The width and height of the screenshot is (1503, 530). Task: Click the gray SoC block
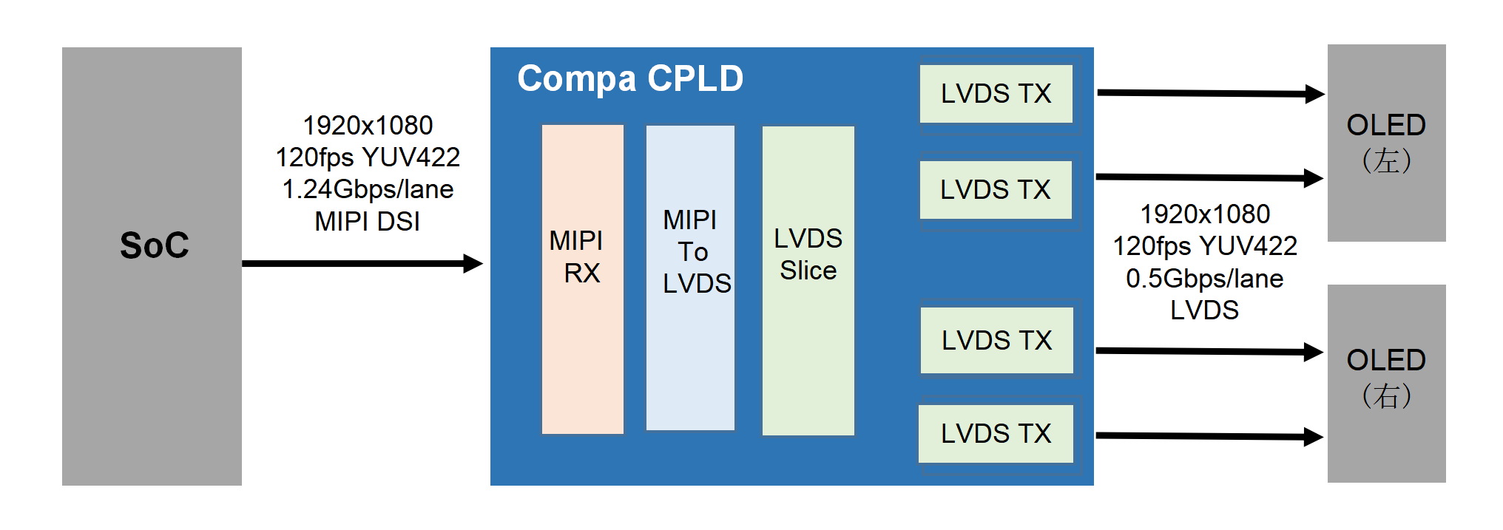click(x=152, y=266)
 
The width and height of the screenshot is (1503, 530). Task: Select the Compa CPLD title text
click(x=630, y=78)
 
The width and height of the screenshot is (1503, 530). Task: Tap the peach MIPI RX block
click(x=583, y=279)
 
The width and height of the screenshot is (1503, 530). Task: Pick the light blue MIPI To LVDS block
click(x=690, y=277)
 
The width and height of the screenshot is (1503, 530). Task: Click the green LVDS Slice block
click(x=808, y=281)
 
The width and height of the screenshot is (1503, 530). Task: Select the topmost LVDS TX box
click(x=996, y=94)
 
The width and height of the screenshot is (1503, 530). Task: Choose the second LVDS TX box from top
click(x=996, y=190)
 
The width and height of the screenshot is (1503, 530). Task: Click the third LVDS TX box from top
click(x=996, y=341)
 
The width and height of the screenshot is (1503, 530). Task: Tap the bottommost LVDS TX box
click(x=996, y=434)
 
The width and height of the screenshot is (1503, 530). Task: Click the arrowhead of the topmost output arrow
click(x=1314, y=94)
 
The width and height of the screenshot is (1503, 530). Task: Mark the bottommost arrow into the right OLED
click(x=1209, y=436)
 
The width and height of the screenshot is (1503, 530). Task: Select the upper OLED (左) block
click(x=1386, y=143)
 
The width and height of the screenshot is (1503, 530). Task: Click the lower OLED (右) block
click(x=1386, y=383)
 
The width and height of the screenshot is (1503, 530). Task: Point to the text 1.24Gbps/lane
click(x=368, y=189)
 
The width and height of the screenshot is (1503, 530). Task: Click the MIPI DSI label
click(x=368, y=221)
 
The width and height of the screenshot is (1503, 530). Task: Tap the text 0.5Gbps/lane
click(x=1204, y=279)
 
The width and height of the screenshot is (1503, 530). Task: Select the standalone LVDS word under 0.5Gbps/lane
click(x=1204, y=310)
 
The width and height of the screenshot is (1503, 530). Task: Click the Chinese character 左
click(x=1386, y=161)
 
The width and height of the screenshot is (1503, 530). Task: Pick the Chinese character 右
click(x=1386, y=396)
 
